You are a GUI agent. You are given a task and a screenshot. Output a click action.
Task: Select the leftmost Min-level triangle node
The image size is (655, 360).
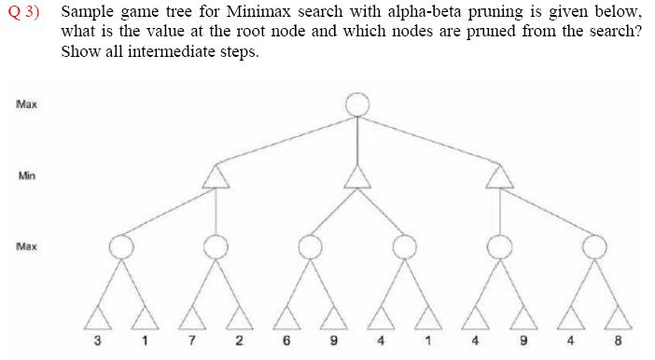click(x=216, y=175)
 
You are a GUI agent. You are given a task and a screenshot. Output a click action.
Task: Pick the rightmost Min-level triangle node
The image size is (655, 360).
click(x=501, y=175)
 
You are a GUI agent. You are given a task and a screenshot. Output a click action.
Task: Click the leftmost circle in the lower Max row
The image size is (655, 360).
click(x=120, y=247)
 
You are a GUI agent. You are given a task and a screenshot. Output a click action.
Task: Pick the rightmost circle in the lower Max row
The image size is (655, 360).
click(x=594, y=247)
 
